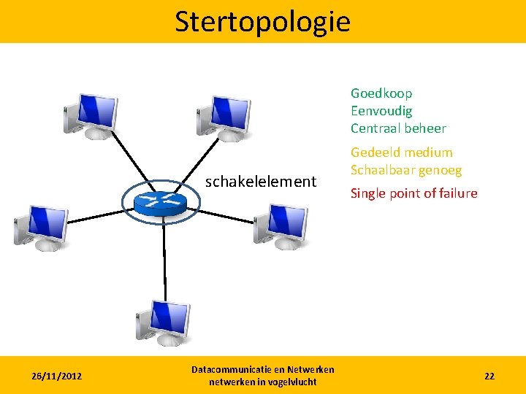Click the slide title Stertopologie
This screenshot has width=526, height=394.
point(262,22)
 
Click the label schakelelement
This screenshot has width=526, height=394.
point(260,181)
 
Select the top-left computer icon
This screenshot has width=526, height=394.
point(91,115)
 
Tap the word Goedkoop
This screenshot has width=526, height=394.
point(381,93)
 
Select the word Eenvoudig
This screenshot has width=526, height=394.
point(381,111)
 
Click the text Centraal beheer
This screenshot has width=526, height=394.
point(398,128)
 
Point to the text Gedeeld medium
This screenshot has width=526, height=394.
point(402,152)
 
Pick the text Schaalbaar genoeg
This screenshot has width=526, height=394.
point(406,170)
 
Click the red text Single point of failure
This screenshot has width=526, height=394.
point(414,193)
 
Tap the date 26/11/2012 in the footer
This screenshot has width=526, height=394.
point(56,376)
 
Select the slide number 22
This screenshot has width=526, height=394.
point(489,376)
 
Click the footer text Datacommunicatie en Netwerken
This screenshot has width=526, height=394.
point(262,370)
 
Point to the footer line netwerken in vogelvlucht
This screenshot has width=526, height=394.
point(262,382)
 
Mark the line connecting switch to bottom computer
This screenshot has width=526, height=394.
point(164,255)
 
